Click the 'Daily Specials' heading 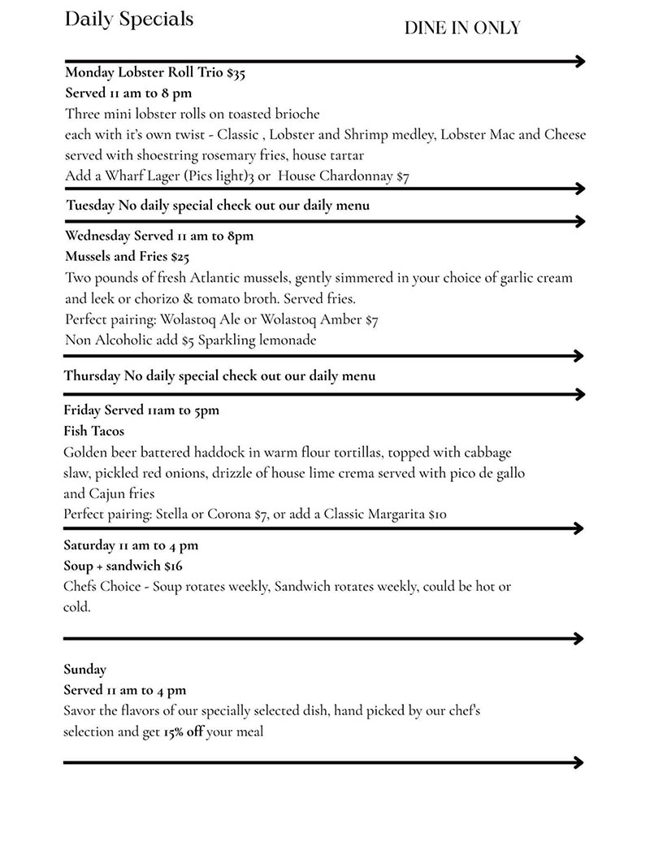pyautogui.click(x=129, y=20)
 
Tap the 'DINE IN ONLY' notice pyautogui.click(x=462, y=28)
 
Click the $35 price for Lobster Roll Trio pyautogui.click(x=236, y=73)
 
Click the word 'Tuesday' pyautogui.click(x=90, y=206)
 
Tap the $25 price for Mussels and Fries pyautogui.click(x=180, y=257)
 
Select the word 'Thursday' pyautogui.click(x=92, y=376)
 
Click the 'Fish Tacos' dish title pyautogui.click(x=94, y=431)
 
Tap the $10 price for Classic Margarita pyautogui.click(x=437, y=514)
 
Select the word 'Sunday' pyautogui.click(x=85, y=670)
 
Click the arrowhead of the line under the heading pyautogui.click(x=579, y=61)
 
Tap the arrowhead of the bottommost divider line pyautogui.click(x=578, y=762)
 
